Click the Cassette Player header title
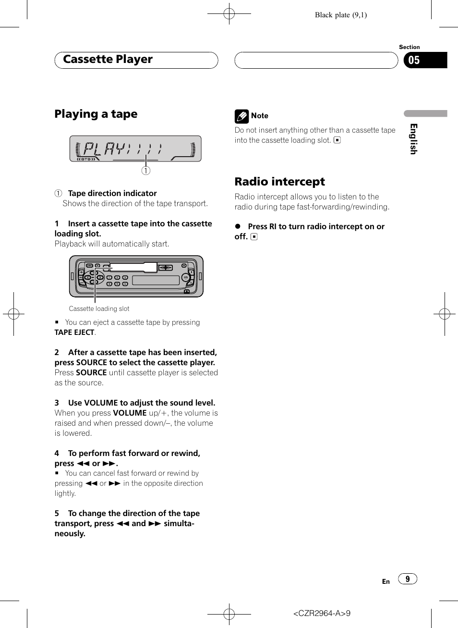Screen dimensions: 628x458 pyautogui.click(x=108, y=60)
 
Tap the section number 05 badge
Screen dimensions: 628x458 pyautogui.click(x=414, y=61)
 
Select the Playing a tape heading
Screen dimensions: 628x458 pyautogui.click(x=96, y=114)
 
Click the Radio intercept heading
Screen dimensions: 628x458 pyautogui.click(x=279, y=182)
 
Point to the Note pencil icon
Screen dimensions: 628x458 pyautogui.click(x=241, y=116)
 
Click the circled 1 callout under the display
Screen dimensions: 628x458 pyautogui.click(x=146, y=171)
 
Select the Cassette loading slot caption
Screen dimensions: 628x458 pyautogui.click(x=99, y=309)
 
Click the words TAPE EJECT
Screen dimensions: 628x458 pyautogui.click(x=74, y=332)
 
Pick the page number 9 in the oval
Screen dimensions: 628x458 pyautogui.click(x=408, y=579)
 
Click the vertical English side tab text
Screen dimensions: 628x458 pyautogui.click(x=413, y=139)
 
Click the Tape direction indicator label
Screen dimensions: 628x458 pyautogui.click(x=112, y=193)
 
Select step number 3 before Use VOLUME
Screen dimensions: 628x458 pyautogui.click(x=57, y=403)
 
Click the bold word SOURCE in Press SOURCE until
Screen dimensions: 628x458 pyautogui.click(x=91, y=373)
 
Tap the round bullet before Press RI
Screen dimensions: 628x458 pyautogui.click(x=237, y=226)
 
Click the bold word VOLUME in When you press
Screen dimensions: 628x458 pyautogui.click(x=130, y=413)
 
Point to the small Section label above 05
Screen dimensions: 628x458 pyautogui.click(x=409, y=47)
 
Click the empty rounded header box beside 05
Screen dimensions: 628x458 pyautogui.click(x=316, y=61)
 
